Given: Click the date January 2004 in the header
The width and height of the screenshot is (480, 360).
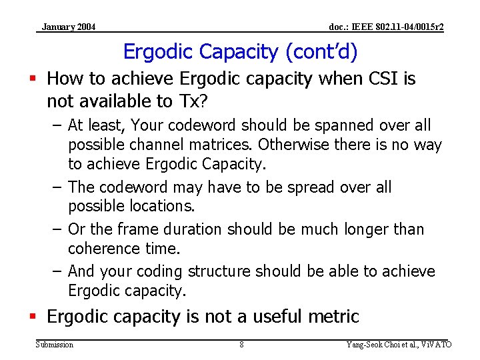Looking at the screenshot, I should click(68, 27).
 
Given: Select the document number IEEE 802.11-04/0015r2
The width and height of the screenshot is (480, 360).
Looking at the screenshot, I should click(387, 27).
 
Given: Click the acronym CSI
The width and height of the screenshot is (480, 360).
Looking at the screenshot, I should click(386, 79).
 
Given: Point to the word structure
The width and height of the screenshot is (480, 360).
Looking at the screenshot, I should click(221, 271).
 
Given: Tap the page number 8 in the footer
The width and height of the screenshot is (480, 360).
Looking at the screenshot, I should click(241, 345).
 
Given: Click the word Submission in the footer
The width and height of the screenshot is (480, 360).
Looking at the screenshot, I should click(55, 345).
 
